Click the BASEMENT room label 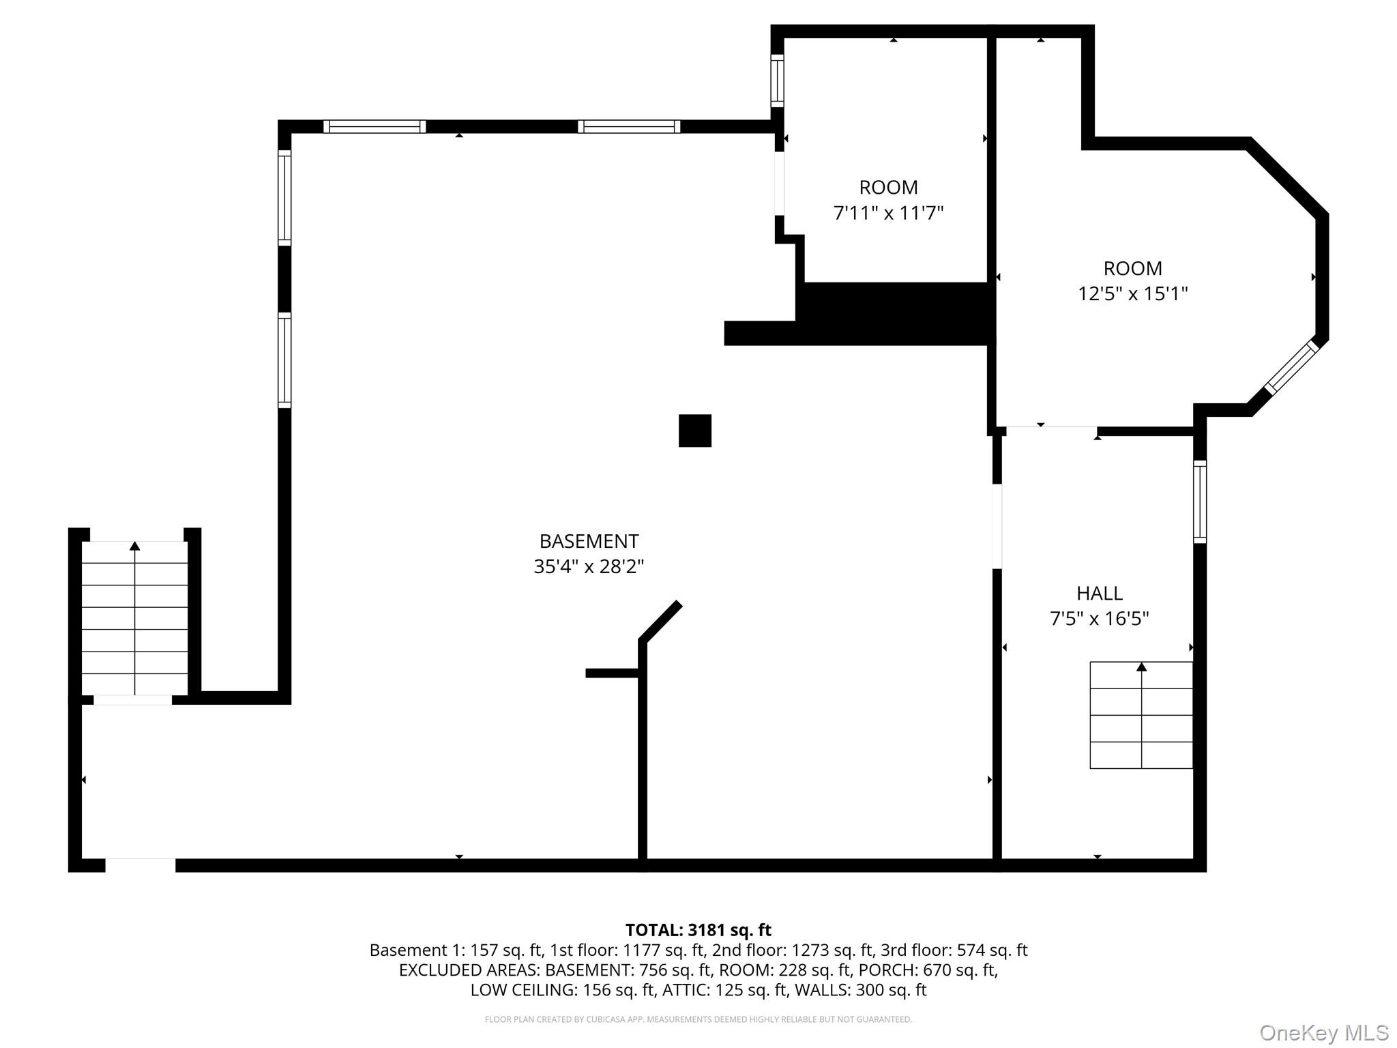click(589, 541)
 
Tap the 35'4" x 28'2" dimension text click(589, 566)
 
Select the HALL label click(1099, 593)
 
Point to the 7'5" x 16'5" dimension click(1099, 618)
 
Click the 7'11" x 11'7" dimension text click(888, 213)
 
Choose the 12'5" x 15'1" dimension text click(1132, 293)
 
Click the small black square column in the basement click(694, 431)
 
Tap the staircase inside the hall click(1141, 715)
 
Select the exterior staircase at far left click(134, 617)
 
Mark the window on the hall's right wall click(1199, 501)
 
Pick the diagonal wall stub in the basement click(660, 621)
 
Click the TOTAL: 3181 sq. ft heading click(698, 930)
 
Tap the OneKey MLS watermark click(1323, 1033)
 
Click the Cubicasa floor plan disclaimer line click(698, 1019)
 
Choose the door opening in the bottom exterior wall click(140, 865)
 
